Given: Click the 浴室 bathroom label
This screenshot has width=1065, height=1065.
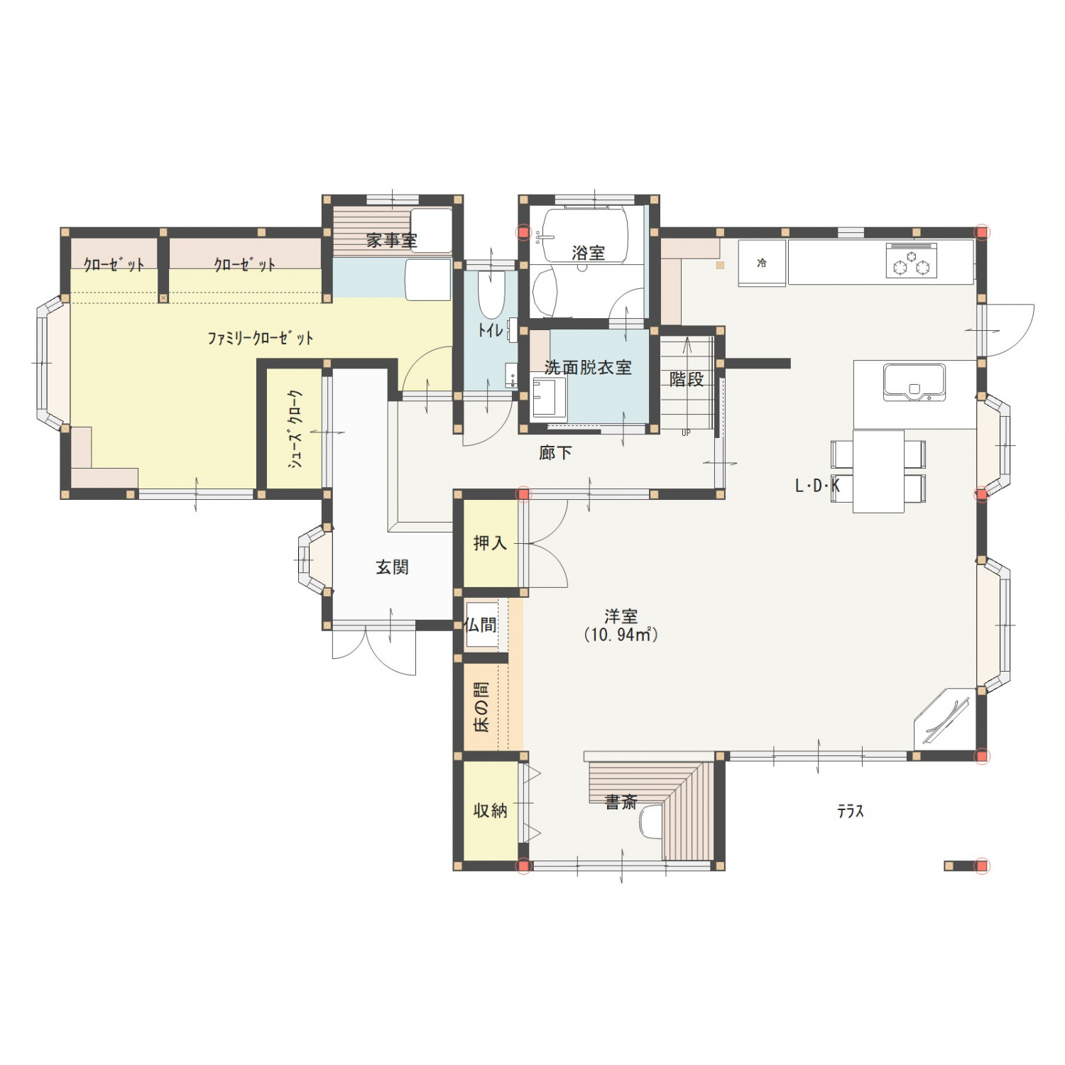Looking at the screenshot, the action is point(588,253).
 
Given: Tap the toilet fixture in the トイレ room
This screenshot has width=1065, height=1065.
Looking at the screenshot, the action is point(491,295).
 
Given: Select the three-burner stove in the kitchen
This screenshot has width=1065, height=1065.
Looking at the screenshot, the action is point(912,261).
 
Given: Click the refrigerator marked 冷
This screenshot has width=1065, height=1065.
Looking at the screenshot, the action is point(762,263).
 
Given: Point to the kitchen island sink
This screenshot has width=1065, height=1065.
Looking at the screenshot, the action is point(914,382).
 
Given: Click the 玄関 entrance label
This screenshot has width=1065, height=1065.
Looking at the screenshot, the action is point(392,567).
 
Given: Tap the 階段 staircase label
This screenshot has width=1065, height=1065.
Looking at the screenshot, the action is point(687,379).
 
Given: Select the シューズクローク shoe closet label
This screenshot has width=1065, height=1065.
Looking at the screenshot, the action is point(295,428).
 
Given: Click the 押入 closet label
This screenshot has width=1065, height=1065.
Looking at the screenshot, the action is point(490,543).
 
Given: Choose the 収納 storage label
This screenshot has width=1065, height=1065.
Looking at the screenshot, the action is point(490,810).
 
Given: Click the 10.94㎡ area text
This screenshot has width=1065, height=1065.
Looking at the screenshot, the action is point(621,635).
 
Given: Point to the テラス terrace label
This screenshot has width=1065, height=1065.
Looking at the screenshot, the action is point(850,811).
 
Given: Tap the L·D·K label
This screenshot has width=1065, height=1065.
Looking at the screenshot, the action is point(817,486).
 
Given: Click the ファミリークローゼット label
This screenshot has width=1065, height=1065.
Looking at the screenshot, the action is point(260,338).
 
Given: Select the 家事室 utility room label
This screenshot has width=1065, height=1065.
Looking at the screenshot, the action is point(391,241).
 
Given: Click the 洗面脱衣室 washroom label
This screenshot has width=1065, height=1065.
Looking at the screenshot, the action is point(588,368).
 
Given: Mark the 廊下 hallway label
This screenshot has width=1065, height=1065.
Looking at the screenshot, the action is point(555,453).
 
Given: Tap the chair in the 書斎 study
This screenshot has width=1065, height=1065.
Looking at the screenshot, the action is point(650,822).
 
